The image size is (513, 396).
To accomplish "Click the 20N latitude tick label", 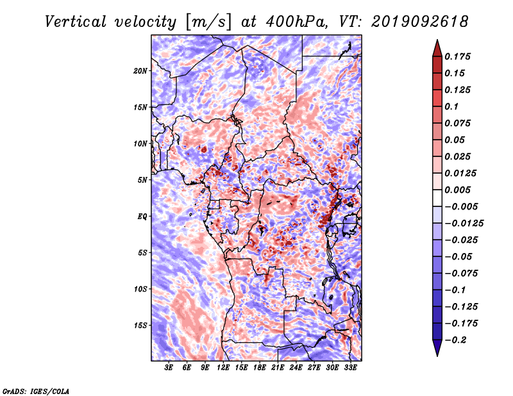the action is (x=140, y=71).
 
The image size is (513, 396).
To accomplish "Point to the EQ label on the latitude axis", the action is (x=142, y=217).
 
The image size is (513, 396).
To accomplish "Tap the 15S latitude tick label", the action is (x=140, y=326).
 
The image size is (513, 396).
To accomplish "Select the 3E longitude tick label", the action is (x=169, y=368).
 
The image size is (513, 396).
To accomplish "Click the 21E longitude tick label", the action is (x=278, y=368).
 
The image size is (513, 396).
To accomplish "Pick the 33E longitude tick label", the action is (x=350, y=368).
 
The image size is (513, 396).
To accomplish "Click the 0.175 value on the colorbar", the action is (x=457, y=56).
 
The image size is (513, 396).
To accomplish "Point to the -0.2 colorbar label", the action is (x=455, y=340).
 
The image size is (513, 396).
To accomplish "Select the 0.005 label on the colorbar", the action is (x=457, y=190).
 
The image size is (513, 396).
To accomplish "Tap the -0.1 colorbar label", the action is (x=455, y=290).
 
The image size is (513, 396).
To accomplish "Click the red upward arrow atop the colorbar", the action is (x=437, y=48).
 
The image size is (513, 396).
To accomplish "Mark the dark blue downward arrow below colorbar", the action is (x=437, y=348).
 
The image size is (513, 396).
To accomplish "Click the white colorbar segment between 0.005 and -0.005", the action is (x=437, y=198).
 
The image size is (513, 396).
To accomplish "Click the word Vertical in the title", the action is (x=76, y=22).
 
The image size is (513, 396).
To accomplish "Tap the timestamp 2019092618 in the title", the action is (x=420, y=22).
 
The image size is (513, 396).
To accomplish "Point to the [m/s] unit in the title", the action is (x=208, y=22).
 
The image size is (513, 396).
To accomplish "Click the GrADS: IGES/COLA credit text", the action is (x=36, y=392).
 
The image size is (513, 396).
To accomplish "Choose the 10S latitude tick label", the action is (x=140, y=289).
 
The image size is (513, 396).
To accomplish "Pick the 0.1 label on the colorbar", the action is (x=451, y=106).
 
